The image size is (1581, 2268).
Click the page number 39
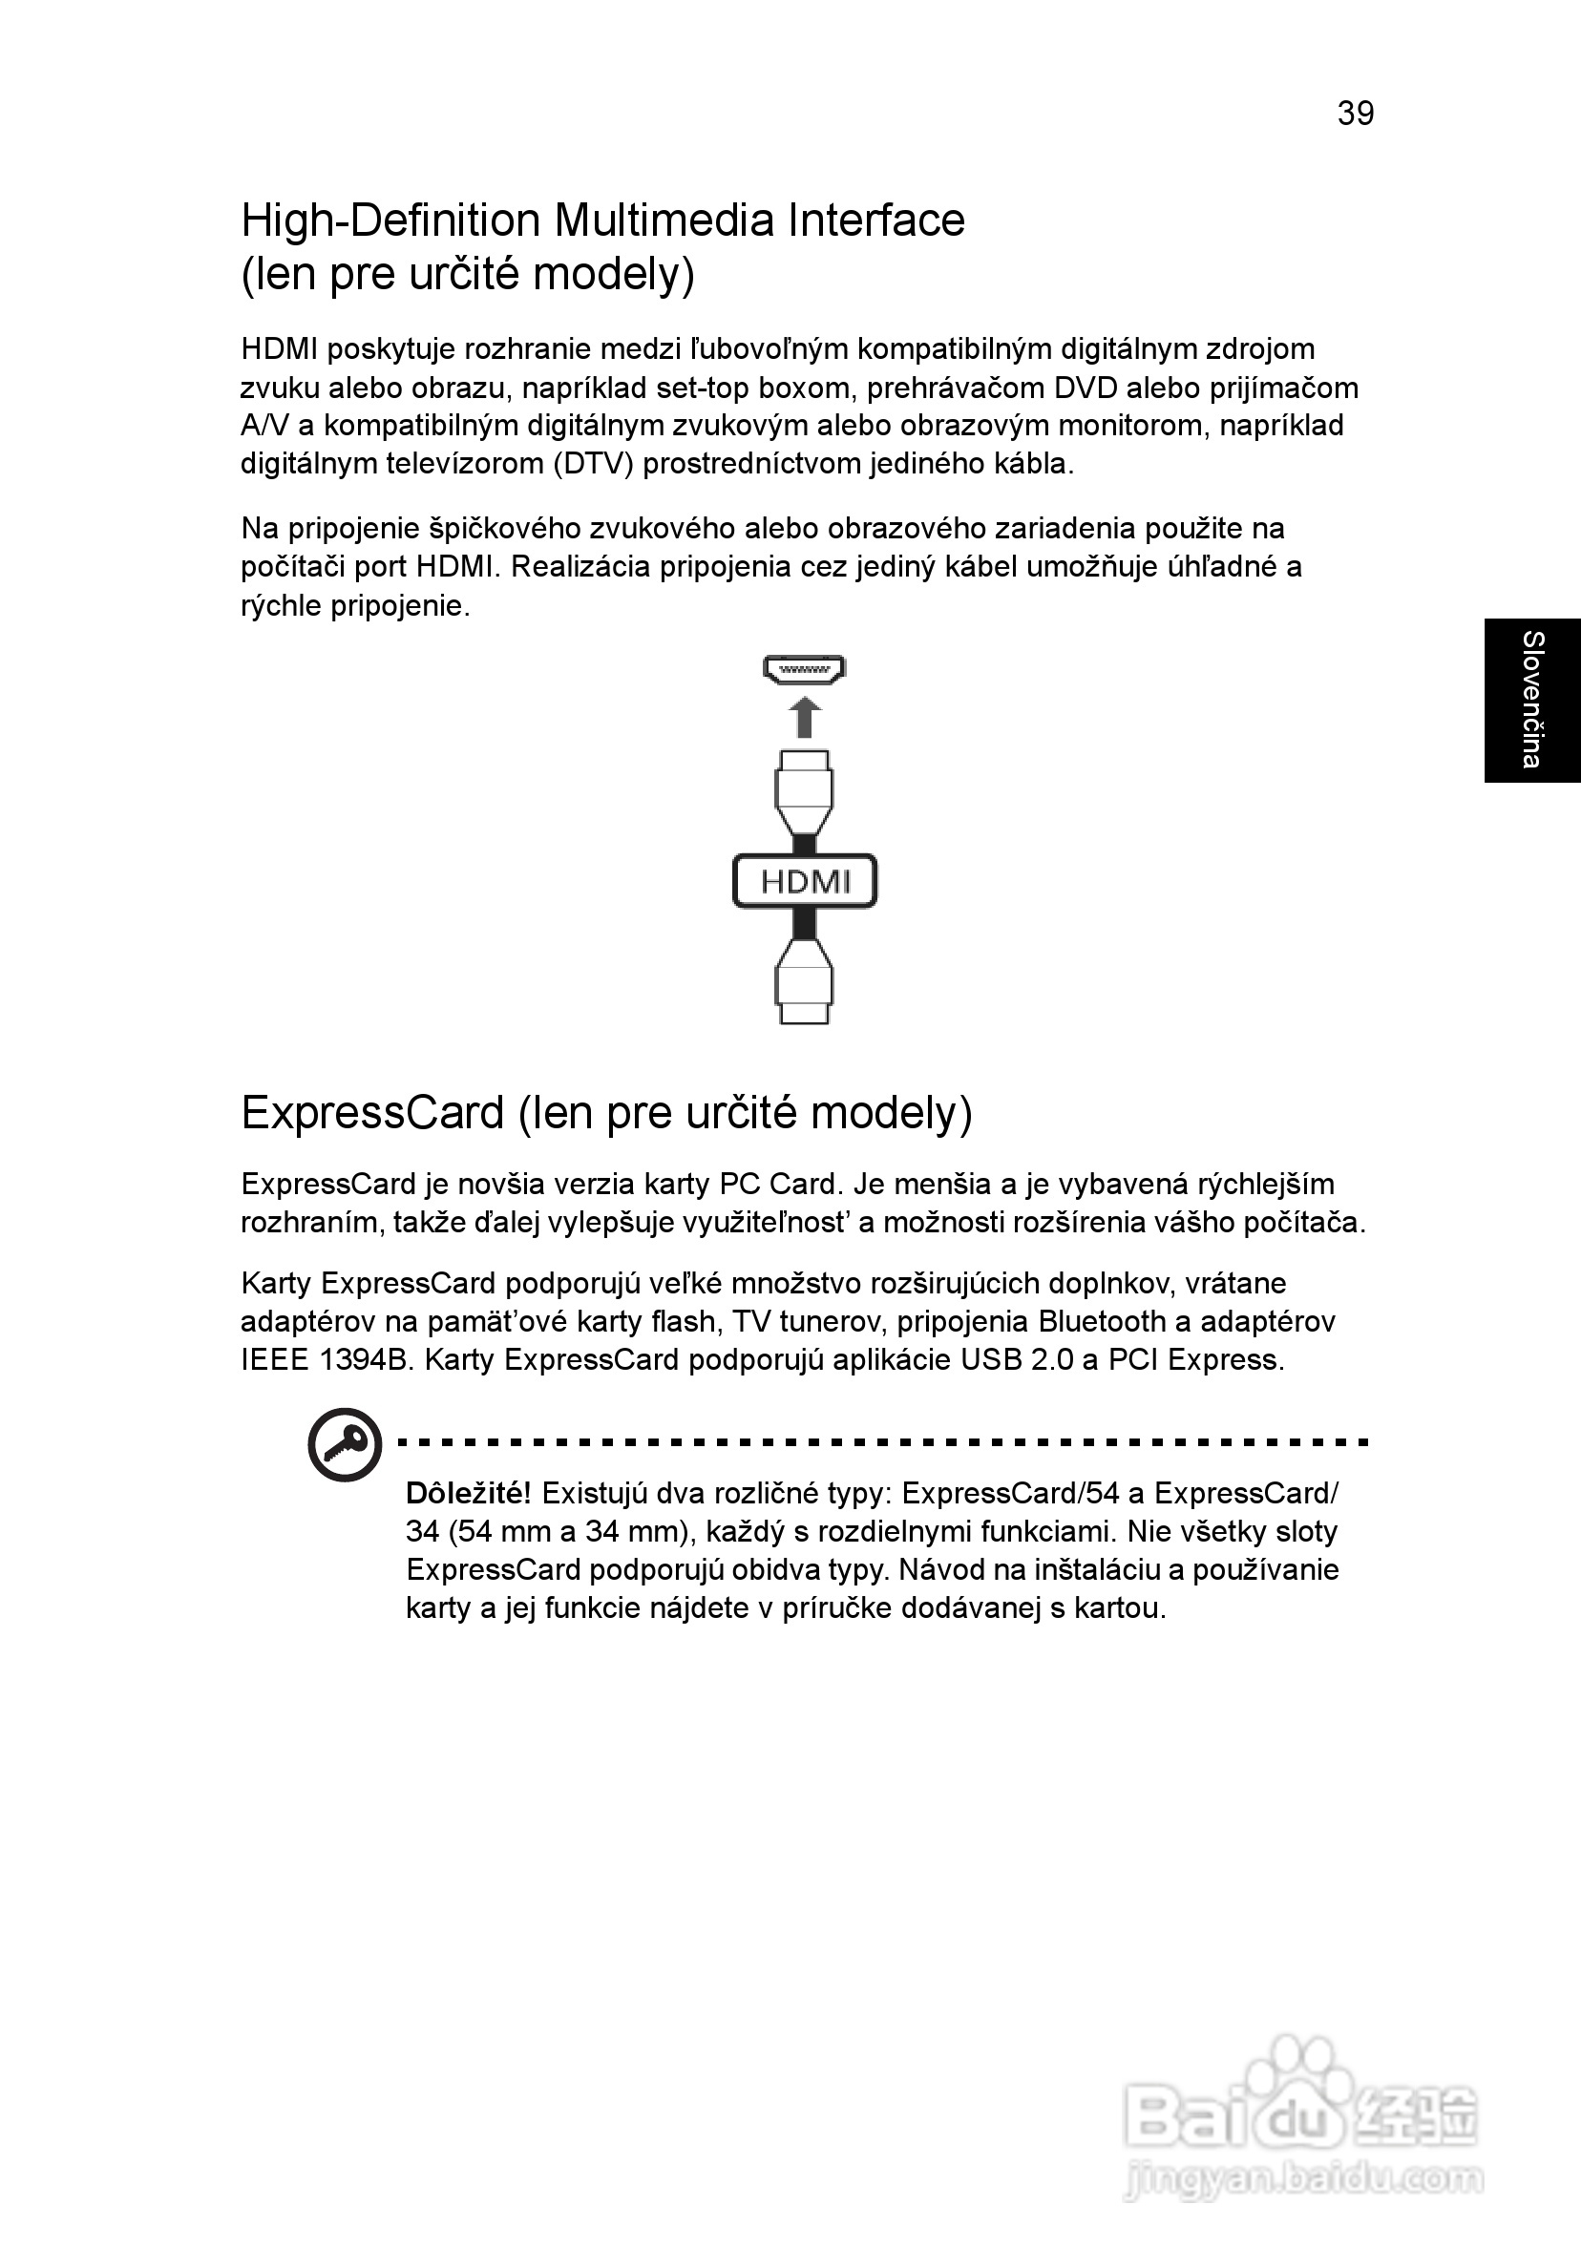click(x=1355, y=115)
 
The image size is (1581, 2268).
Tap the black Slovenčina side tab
click(x=1531, y=701)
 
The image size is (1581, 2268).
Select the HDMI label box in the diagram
click(x=804, y=881)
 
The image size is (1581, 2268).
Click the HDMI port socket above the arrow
click(x=804, y=670)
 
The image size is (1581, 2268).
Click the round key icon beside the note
click(x=344, y=1445)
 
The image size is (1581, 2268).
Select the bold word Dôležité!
click(x=469, y=1493)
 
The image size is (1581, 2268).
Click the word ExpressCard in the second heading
click(x=372, y=1113)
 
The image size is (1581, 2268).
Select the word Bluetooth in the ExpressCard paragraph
click(x=1102, y=1322)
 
